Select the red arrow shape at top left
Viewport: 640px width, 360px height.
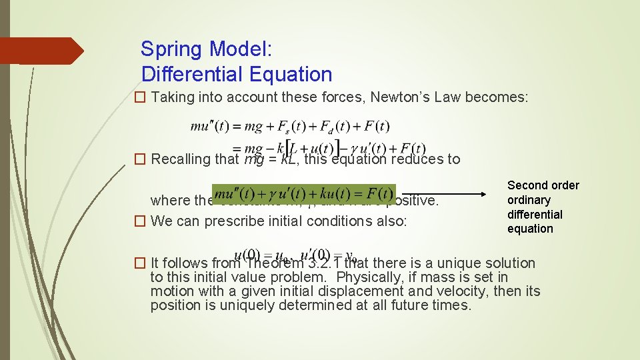coord(40,51)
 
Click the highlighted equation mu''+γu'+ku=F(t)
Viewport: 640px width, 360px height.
coord(304,194)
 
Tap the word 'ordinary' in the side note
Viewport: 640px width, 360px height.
coord(529,200)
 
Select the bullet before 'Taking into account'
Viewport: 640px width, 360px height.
coord(140,97)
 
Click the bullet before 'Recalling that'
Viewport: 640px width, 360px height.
coord(140,159)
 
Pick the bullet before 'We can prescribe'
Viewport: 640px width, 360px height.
coord(140,221)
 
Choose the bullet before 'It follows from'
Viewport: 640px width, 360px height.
coord(140,263)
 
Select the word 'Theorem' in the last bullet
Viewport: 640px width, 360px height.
coord(271,263)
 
